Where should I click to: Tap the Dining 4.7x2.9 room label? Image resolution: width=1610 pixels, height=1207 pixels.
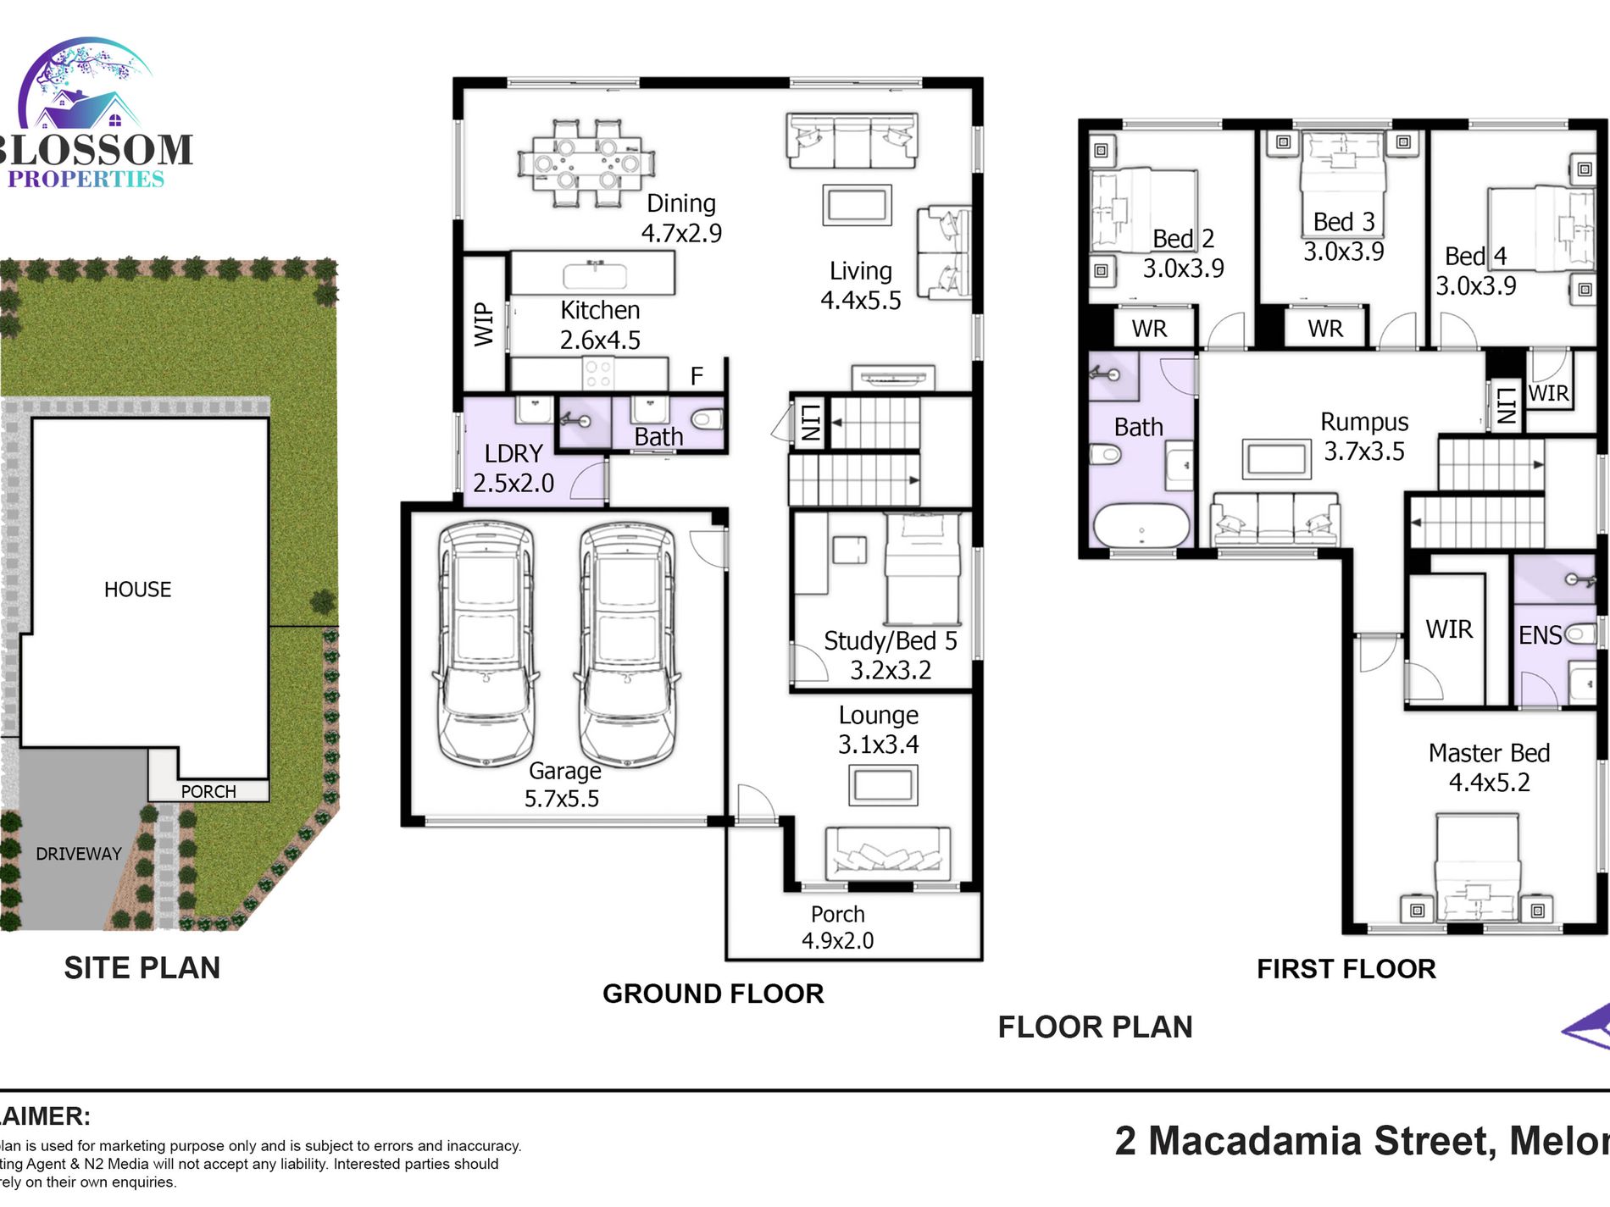click(x=681, y=218)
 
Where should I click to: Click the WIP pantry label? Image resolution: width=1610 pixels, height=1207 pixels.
click(x=483, y=324)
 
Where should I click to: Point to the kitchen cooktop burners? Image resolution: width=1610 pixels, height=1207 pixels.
click(x=598, y=374)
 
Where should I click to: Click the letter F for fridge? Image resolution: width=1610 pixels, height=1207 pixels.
click(x=697, y=376)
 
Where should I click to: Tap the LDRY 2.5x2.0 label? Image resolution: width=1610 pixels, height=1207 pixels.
click(x=514, y=468)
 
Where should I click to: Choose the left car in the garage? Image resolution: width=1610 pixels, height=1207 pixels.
click(x=486, y=644)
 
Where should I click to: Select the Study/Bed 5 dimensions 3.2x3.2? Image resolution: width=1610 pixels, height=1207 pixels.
click(x=890, y=670)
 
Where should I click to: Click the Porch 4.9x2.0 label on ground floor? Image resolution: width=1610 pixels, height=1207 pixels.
click(x=837, y=927)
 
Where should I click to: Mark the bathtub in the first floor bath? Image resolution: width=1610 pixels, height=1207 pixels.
click(x=1141, y=526)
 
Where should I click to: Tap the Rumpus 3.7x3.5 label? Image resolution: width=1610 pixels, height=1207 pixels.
click(x=1364, y=435)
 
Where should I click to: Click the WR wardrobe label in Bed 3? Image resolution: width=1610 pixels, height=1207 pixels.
click(x=1325, y=329)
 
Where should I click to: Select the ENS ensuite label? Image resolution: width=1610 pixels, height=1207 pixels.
click(x=1539, y=635)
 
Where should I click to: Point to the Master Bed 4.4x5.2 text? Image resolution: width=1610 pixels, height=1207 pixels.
click(x=1489, y=767)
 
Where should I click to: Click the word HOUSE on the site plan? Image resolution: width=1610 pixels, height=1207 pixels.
click(x=137, y=590)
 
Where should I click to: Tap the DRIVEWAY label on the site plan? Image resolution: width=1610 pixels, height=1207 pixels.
click(x=79, y=854)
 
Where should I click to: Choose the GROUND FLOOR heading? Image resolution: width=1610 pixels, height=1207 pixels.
click(x=713, y=994)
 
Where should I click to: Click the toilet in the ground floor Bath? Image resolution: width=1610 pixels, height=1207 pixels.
click(x=707, y=419)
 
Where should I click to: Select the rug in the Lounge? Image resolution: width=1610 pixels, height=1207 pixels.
click(x=882, y=785)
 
